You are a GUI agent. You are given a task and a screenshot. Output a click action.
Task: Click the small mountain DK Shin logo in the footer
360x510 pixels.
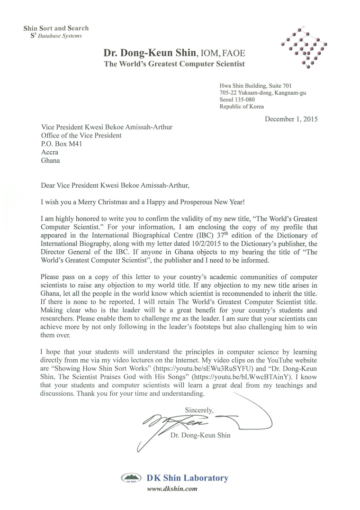133,478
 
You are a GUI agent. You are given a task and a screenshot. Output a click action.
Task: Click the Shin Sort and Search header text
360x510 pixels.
56,28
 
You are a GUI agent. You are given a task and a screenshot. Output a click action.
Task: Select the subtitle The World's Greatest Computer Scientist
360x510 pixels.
175,64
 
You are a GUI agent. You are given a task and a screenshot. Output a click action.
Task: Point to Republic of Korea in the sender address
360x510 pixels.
242,107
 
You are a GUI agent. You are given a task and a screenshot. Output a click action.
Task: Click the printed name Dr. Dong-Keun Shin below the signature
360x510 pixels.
200,435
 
